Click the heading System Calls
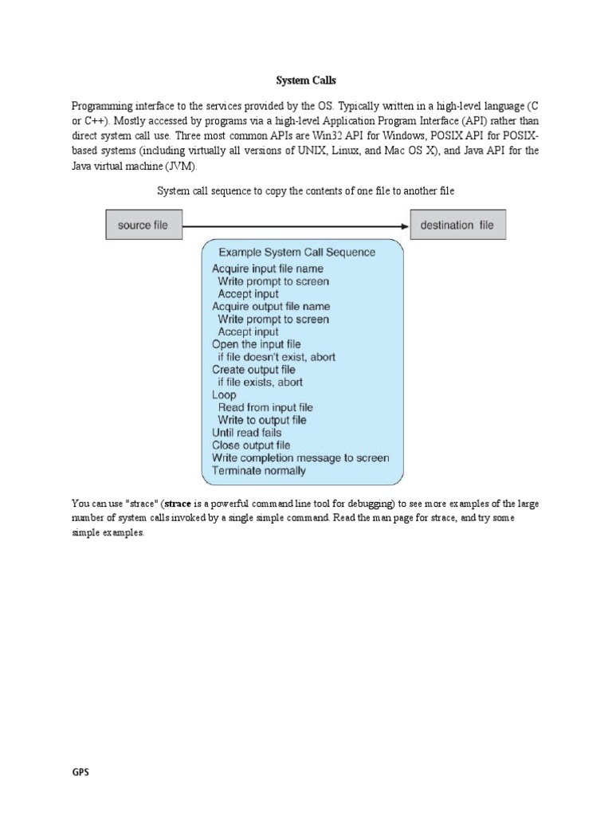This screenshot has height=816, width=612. [x=306, y=80]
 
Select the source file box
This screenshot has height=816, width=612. [x=143, y=226]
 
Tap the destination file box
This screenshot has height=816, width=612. [x=457, y=226]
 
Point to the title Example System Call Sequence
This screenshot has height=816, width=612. [x=297, y=253]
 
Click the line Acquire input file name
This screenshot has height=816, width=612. [x=268, y=269]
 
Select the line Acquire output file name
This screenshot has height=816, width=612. [x=271, y=307]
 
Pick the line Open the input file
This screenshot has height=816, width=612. [x=257, y=344]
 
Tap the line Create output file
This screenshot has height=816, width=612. [x=253, y=370]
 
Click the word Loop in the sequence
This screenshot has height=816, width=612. [x=225, y=394]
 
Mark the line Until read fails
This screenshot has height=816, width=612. [x=246, y=433]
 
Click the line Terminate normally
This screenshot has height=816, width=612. [x=259, y=470]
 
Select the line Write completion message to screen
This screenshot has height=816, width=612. [x=300, y=457]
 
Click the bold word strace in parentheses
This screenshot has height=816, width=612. [x=177, y=504]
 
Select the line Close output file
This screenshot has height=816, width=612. [x=251, y=445]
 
